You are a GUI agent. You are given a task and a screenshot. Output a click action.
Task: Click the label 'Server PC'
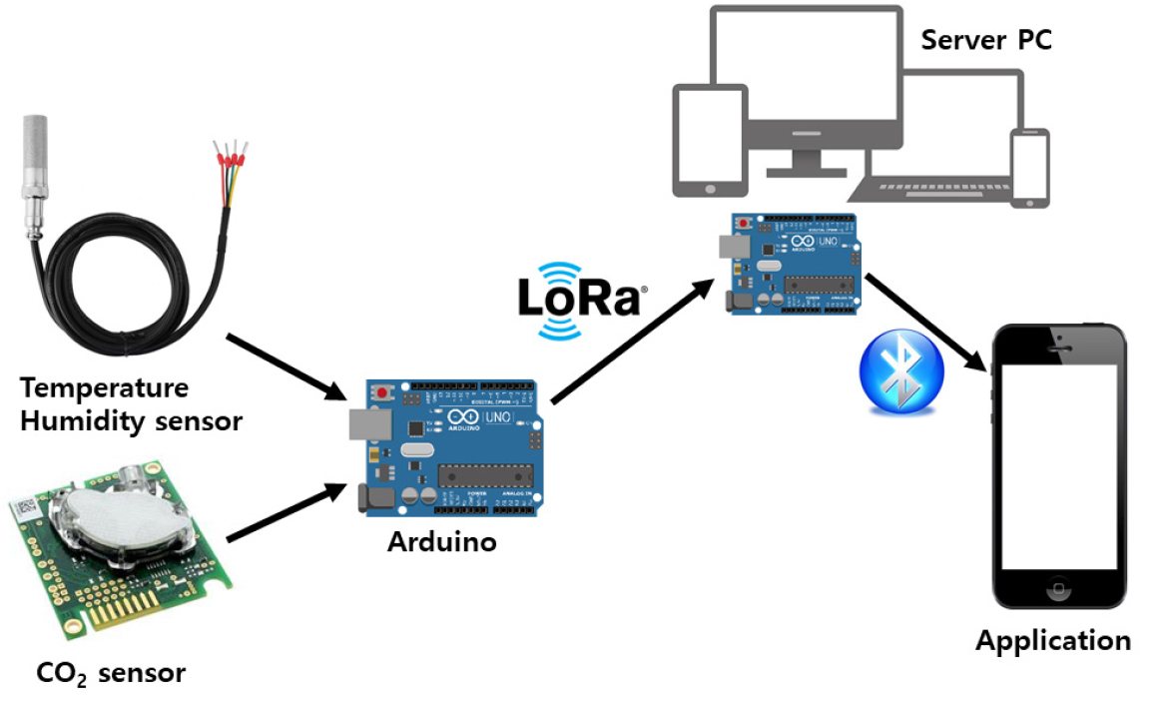[x=985, y=41]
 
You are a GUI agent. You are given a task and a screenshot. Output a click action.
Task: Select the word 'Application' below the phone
[x=1053, y=640]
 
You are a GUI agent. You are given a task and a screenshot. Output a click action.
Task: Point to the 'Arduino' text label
[x=442, y=543]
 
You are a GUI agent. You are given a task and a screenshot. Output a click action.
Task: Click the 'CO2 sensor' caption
[x=110, y=673]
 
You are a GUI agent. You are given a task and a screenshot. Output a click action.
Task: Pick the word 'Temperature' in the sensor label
[x=105, y=386]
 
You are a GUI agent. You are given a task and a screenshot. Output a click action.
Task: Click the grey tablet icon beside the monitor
[x=710, y=139]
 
